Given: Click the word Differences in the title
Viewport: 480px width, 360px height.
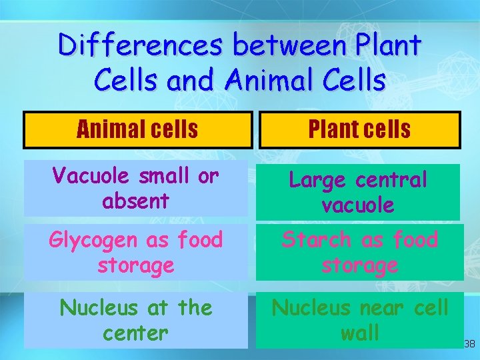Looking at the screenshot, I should click(141, 45).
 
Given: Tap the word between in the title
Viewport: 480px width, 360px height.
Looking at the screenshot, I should click(285, 45).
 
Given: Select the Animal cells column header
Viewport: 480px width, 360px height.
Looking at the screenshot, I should click(137, 129).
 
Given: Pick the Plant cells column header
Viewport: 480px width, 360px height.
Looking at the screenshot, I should click(359, 129).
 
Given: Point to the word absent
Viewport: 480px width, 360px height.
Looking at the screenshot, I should click(136, 200).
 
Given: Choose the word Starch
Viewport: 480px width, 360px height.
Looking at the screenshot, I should click(316, 239).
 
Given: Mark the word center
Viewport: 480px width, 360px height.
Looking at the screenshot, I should click(136, 332).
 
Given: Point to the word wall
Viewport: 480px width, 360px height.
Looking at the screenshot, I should click(359, 332).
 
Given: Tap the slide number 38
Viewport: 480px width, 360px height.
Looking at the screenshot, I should click(469, 344).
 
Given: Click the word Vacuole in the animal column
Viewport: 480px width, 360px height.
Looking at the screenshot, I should click(93, 175).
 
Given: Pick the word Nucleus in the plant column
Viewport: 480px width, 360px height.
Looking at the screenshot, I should click(311, 307).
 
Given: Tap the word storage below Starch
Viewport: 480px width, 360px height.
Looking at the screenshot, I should click(359, 265).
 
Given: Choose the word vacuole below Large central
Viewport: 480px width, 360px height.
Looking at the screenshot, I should click(358, 205).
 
